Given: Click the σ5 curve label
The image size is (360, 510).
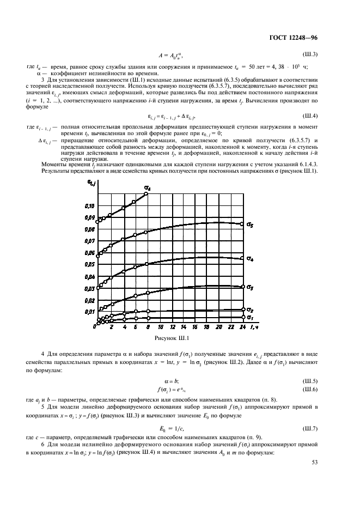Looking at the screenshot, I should point(250,224).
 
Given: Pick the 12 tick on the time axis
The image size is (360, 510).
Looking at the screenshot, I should point(173,328).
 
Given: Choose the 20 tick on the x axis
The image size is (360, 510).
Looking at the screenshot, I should point(218,328).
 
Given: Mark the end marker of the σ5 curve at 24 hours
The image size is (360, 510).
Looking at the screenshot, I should point(242,223).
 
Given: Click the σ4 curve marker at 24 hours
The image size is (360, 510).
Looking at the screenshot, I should point(242,258).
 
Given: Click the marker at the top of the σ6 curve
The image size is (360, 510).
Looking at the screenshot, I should point(146,194).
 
